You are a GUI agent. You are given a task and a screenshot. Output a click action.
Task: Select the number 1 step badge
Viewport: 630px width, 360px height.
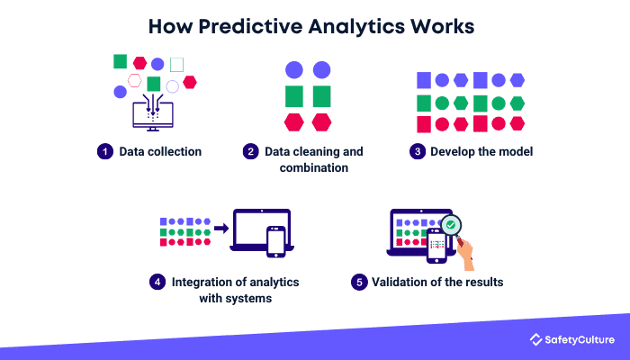(x=104, y=151)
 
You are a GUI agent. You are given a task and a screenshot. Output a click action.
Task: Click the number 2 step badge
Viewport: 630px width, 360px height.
(x=250, y=151)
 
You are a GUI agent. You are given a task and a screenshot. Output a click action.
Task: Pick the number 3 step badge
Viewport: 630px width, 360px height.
(x=417, y=151)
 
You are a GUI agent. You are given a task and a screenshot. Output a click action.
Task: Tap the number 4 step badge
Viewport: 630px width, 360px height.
(x=157, y=282)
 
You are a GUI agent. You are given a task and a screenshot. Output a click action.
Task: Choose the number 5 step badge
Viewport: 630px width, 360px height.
(x=359, y=282)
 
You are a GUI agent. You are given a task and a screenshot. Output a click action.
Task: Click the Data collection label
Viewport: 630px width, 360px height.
(x=160, y=151)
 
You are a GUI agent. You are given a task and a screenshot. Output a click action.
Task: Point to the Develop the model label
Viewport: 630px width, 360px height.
(x=481, y=151)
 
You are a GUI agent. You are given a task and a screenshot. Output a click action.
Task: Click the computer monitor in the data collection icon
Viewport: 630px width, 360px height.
(x=152, y=114)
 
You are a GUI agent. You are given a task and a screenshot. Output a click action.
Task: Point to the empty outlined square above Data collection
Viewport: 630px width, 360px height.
(x=176, y=64)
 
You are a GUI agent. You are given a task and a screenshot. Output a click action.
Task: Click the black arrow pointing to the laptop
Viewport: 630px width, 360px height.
(x=220, y=229)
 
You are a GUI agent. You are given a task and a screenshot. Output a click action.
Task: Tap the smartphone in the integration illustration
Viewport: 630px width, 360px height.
(x=275, y=239)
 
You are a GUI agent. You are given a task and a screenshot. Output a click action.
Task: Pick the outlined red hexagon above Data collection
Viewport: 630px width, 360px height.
(x=135, y=80)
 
